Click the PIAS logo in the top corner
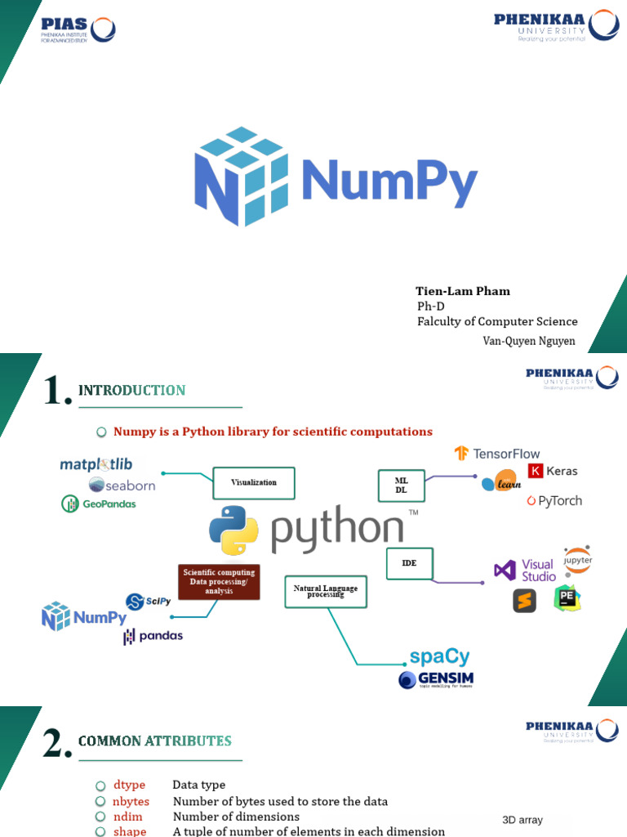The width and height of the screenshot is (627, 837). coord(78,29)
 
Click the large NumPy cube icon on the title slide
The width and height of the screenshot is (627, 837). coord(241,177)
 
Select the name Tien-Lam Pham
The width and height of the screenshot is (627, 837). coord(462,291)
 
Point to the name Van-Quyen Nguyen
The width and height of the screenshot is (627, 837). coord(529,341)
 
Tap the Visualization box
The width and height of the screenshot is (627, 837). coord(253,482)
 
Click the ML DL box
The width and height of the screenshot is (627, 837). coord(401,485)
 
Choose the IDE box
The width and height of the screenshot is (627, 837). coord(409,564)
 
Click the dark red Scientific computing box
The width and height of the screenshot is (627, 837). coord(219,581)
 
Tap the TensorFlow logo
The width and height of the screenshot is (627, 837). coord(497,454)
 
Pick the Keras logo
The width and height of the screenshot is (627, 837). coord(553,471)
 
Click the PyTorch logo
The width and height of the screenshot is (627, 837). coord(554,500)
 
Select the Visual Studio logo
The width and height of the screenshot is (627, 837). coord(525,570)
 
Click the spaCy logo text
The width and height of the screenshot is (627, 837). coord(439,656)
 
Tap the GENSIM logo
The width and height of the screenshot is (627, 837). coord(436,679)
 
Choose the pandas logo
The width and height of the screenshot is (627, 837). coord(153,636)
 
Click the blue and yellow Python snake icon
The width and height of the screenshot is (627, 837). coord(233,530)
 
